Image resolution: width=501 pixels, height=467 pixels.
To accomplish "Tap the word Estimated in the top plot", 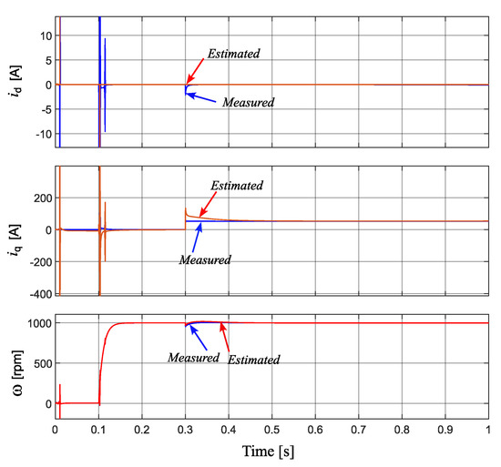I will (x=234, y=54).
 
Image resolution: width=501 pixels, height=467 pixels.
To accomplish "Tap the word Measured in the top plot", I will (x=249, y=102).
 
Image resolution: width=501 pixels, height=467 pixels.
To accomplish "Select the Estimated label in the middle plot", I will (x=237, y=186).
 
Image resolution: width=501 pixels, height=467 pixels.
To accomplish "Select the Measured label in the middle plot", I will (x=205, y=259).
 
